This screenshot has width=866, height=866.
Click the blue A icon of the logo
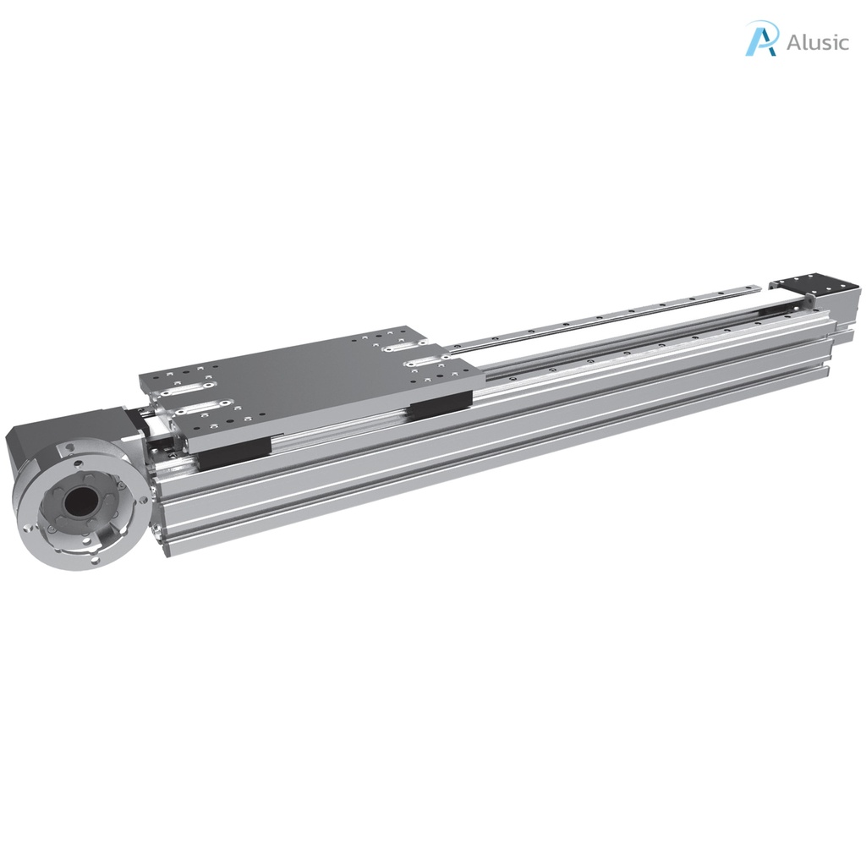coord(761,39)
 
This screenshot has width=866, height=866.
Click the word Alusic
coord(816,42)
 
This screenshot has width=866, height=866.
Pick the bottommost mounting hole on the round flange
coord(96,559)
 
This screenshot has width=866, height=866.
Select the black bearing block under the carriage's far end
coord(440,405)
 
